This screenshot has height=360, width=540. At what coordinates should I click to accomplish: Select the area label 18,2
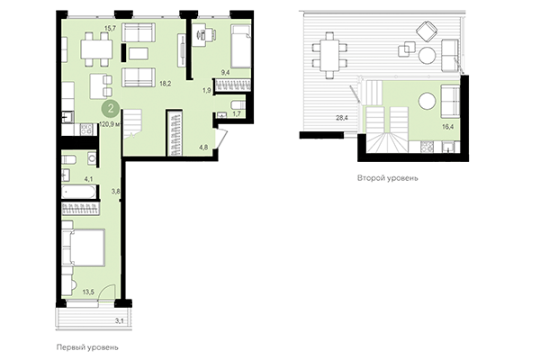[164, 81]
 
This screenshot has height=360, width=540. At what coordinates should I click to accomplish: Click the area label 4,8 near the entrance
[203, 146]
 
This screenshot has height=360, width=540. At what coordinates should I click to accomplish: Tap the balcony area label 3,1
[120, 319]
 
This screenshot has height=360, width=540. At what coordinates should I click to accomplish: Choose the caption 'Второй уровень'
[388, 178]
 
